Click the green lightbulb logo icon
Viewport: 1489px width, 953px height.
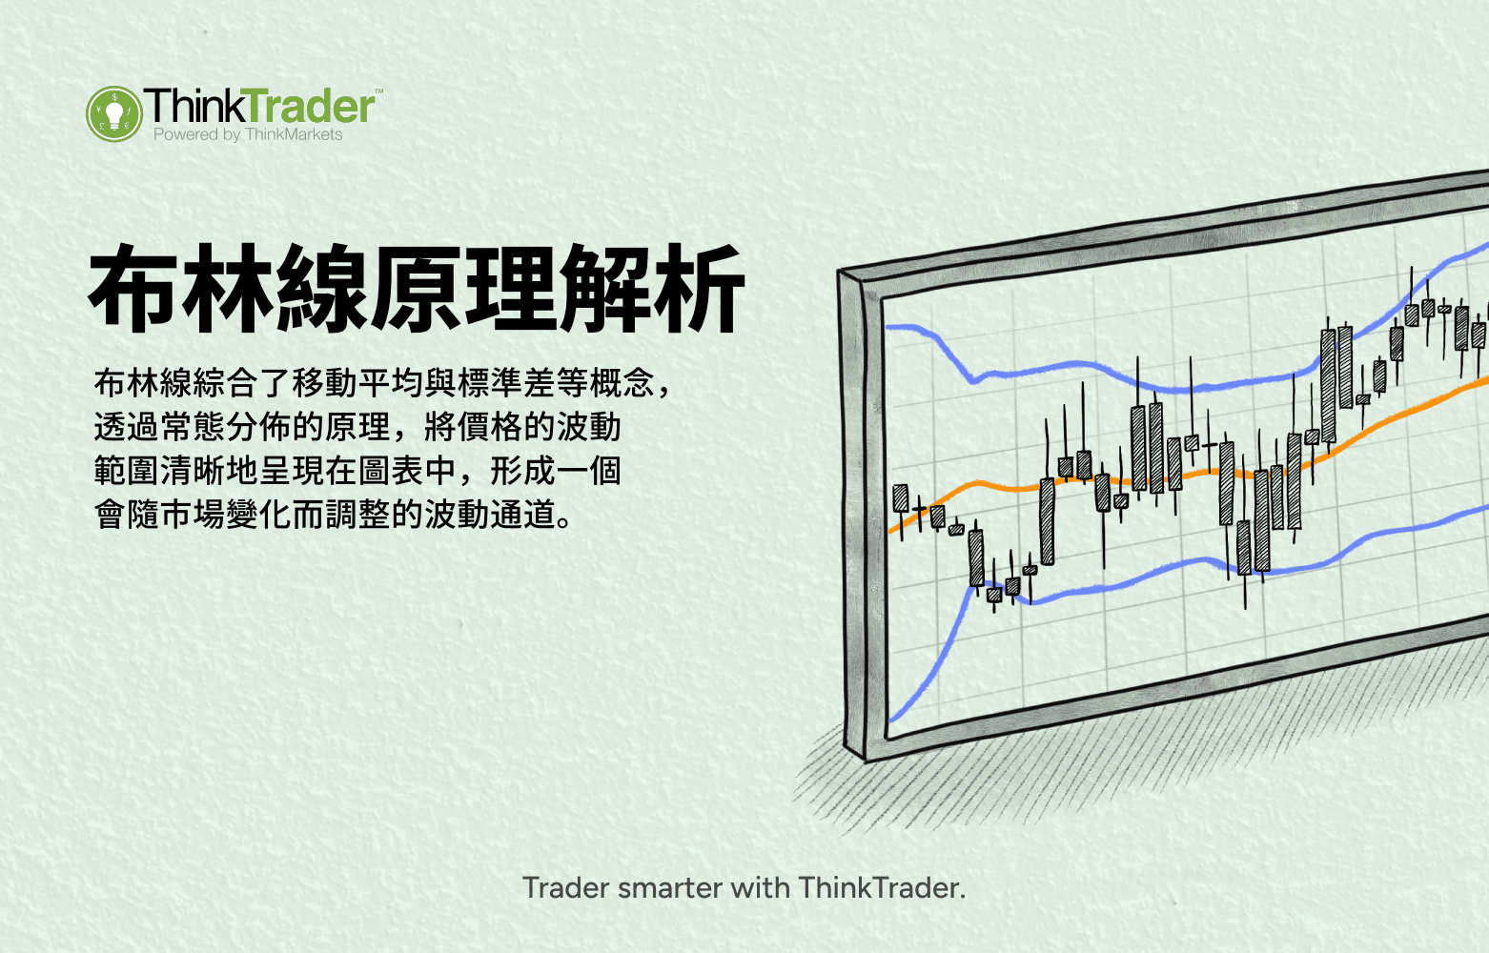point(113,113)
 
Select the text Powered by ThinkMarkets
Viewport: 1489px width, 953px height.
point(248,135)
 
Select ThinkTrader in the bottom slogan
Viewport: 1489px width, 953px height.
point(879,888)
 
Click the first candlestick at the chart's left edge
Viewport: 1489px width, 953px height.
point(900,498)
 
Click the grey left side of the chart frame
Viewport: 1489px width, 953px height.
point(855,515)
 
